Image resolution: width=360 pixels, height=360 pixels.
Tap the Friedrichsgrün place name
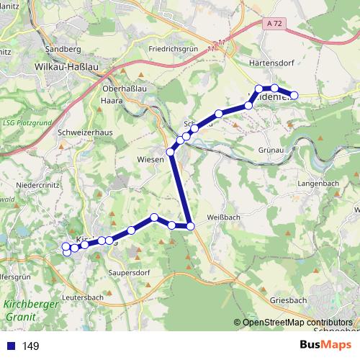174,50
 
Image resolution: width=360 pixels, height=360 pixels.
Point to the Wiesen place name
150,160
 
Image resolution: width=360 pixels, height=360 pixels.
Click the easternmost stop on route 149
294,95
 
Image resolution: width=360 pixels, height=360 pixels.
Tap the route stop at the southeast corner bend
191,227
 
